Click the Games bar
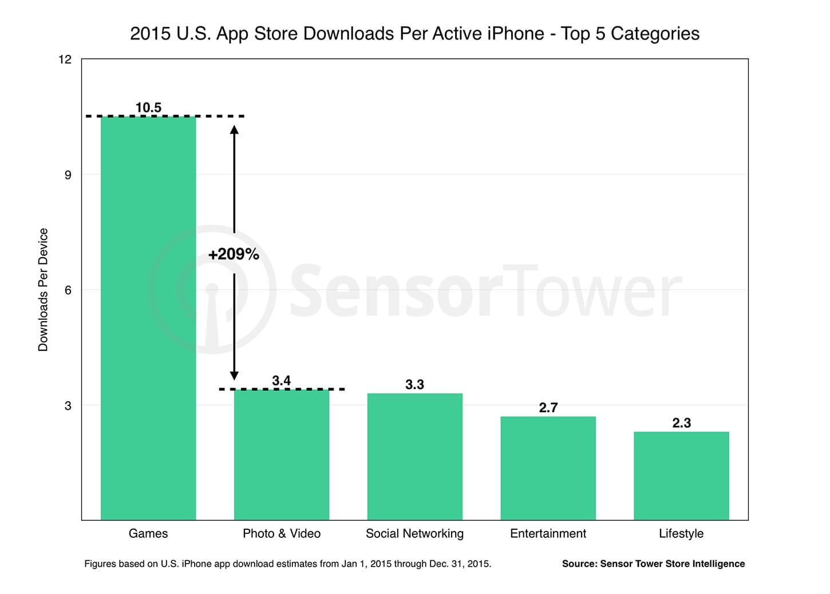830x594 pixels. [148, 318]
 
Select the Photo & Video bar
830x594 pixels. [282, 454]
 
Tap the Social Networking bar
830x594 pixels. [415, 456]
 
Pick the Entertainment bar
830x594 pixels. [548, 468]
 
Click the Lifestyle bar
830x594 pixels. [681, 476]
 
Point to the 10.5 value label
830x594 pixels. [148, 108]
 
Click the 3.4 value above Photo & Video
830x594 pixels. [281, 381]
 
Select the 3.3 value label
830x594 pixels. [414, 385]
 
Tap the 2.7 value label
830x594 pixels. [548, 407]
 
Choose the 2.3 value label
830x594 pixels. [681, 423]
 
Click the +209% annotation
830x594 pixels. [234, 254]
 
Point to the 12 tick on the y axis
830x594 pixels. [65, 60]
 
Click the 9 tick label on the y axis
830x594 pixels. [68, 175]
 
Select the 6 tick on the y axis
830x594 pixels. [68, 290]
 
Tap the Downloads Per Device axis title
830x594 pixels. [43, 290]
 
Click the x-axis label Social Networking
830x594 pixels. [414, 533]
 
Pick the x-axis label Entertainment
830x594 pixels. [548, 533]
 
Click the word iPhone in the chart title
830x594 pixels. [515, 34]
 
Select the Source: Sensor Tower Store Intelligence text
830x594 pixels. [653, 564]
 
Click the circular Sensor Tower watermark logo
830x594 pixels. [212, 290]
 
